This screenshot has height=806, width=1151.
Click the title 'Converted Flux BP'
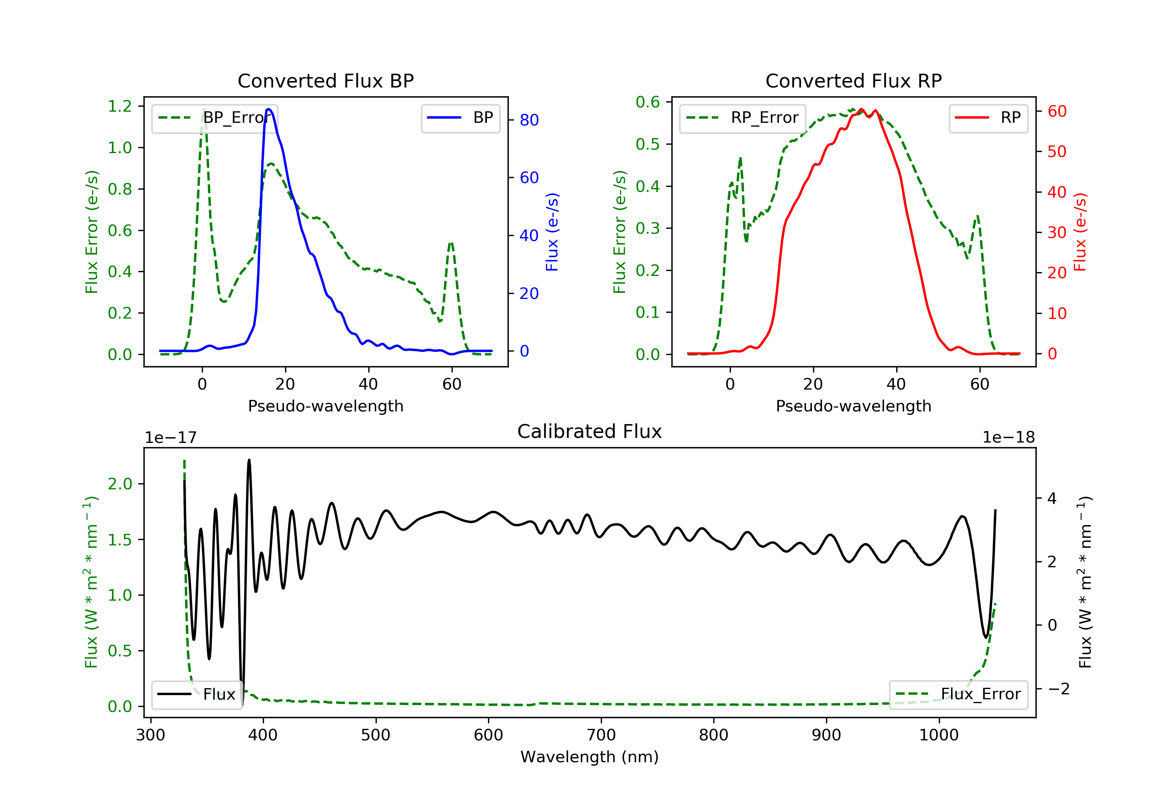click(x=325, y=81)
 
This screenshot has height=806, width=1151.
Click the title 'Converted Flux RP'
click(x=853, y=81)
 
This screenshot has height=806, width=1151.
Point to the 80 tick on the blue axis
click(x=529, y=120)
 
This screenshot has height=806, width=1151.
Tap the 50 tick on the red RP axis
click(x=1057, y=152)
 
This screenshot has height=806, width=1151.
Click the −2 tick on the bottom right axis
click(x=1058, y=689)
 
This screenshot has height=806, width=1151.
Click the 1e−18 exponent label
click(x=1008, y=438)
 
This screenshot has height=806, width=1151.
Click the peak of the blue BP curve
click(x=269, y=109)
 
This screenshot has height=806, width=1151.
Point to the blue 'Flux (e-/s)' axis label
click(x=552, y=232)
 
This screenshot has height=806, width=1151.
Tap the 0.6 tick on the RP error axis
click(x=648, y=102)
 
